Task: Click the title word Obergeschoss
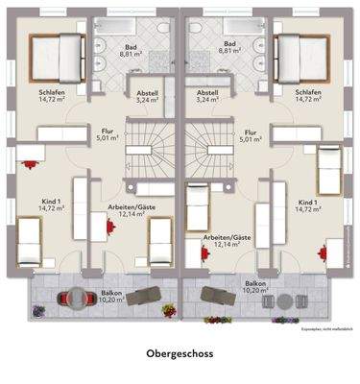(180, 353)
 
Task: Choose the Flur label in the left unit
(108, 131)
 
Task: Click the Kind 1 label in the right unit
(308, 203)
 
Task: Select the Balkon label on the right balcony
(254, 284)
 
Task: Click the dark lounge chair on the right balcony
(223, 295)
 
